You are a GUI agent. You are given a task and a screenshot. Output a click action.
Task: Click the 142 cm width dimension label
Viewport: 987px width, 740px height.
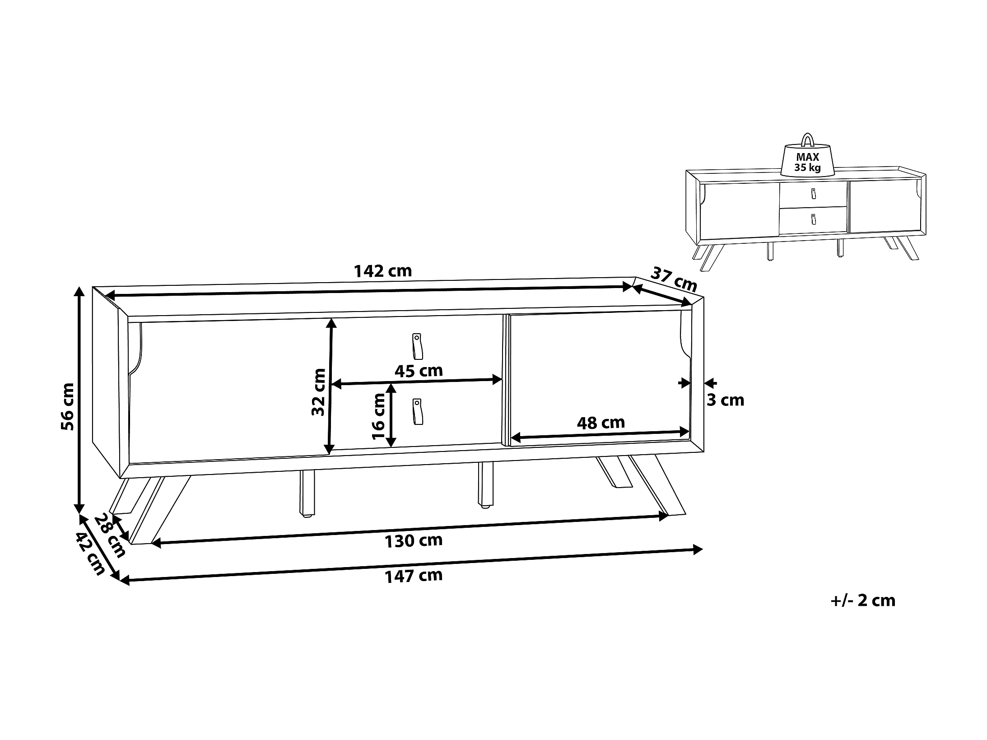point(382,271)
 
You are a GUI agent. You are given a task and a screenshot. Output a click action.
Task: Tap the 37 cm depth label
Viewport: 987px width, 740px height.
point(674,279)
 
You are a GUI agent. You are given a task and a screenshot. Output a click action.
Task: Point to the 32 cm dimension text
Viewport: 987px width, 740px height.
point(319,392)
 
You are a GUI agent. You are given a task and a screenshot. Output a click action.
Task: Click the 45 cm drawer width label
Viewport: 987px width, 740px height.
point(419,371)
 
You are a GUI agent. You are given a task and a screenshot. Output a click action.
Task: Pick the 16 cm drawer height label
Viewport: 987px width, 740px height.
point(378,416)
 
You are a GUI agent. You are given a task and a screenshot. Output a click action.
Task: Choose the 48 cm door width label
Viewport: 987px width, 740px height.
point(601,423)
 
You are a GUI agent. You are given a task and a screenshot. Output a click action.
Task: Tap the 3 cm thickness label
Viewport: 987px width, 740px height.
point(725,400)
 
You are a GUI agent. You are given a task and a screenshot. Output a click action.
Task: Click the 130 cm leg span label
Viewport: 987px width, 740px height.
point(413,540)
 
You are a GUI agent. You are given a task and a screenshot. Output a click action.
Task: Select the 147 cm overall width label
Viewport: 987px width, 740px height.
point(413,576)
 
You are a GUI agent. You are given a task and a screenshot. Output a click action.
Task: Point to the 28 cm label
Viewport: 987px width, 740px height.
point(110,535)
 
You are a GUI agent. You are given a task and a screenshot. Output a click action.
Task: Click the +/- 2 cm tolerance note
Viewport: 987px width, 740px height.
point(862,600)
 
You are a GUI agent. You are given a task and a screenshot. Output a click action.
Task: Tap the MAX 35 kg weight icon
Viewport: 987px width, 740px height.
point(808,159)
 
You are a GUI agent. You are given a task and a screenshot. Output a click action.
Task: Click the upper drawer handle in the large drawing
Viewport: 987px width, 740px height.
point(416,346)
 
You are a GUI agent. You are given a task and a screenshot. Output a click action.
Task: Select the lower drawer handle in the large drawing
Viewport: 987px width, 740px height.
point(416,411)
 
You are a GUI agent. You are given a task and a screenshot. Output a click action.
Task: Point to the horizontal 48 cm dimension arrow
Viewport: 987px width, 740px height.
point(601,435)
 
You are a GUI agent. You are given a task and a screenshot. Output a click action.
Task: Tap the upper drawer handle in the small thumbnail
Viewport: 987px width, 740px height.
point(813,193)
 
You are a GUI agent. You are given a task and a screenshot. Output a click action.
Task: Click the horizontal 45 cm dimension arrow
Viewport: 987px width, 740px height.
point(418,382)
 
